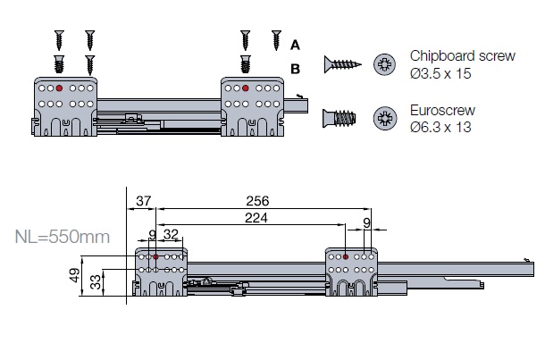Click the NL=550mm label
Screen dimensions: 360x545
[63, 238]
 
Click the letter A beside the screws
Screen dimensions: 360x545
[296, 43]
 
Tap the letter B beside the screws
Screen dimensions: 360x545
[296, 68]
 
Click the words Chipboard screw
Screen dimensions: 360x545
[462, 55]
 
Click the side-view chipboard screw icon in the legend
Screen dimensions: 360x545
[340, 64]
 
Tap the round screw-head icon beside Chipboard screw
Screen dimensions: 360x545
[385, 64]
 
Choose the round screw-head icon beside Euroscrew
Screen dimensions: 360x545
[385, 118]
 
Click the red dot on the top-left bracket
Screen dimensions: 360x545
[59, 88]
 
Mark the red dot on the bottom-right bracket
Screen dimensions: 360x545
[345, 257]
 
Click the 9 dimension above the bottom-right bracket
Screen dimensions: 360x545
[367, 223]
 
